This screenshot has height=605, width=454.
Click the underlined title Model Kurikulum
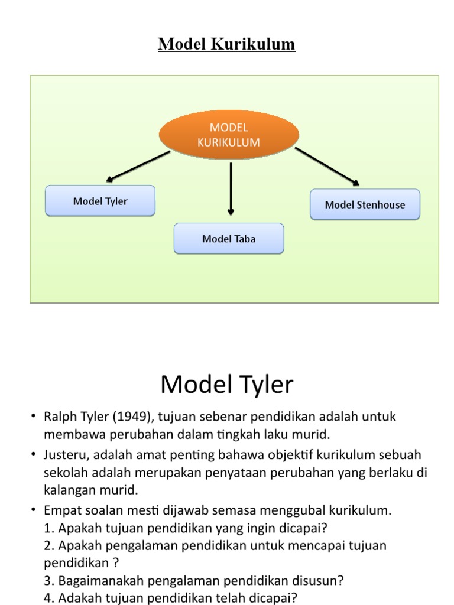tap(226, 45)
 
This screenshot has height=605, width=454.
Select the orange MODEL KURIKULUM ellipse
tap(229, 135)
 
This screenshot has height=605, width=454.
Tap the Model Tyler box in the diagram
tap(100, 201)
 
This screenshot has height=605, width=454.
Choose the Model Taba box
tap(229, 239)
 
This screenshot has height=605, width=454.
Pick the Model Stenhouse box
tap(365, 205)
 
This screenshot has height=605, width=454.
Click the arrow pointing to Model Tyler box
tap(138, 165)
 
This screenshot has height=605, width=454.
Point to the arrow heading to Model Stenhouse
tap(327, 167)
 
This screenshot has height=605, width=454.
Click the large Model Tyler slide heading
tap(226, 385)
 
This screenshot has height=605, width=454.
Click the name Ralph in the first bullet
tap(60, 417)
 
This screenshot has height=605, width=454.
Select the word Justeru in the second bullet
tap(65, 455)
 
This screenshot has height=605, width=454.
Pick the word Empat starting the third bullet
tap(61, 509)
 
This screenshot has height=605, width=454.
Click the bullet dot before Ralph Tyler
tap(34, 417)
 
